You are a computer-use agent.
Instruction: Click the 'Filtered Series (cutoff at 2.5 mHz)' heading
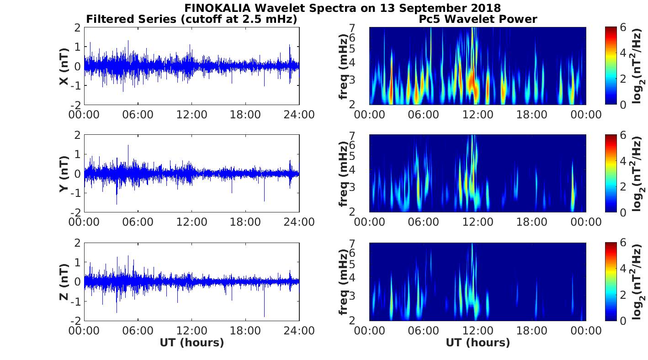191,19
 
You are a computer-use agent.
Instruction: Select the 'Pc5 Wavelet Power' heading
478,19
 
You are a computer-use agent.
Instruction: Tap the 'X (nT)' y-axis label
64,66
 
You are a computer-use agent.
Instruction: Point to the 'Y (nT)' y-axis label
64,174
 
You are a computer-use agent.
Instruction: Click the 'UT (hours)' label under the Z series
191,343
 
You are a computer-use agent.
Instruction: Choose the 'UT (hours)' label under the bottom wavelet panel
478,343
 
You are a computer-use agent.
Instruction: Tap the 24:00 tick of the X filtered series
299,114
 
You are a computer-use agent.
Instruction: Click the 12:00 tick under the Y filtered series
191,222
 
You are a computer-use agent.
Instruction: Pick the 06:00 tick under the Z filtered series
138,330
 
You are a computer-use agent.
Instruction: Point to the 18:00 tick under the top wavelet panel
531,114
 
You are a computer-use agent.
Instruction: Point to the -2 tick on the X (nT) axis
77,105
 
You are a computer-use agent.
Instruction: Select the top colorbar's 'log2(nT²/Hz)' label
638,66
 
